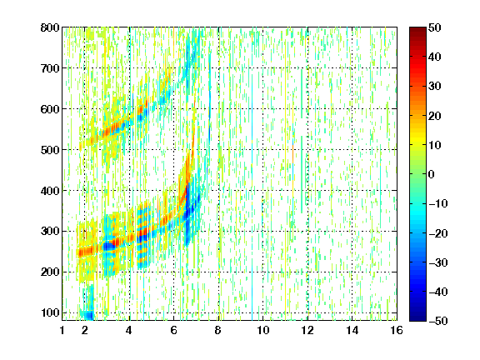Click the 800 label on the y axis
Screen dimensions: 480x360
pyautogui.click(x=50, y=27)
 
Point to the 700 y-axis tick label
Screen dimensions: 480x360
pyautogui.click(x=50, y=68)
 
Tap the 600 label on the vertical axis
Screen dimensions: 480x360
pyautogui.click(x=50, y=109)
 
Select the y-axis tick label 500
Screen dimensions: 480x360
pyautogui.click(x=50, y=150)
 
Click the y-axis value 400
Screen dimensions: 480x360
pyautogui.click(x=50, y=191)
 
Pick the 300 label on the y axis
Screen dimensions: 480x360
pyautogui.click(x=50, y=231)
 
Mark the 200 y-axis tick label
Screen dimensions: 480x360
pyautogui.click(x=50, y=272)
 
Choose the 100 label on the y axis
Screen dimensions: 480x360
pyautogui.click(x=50, y=312)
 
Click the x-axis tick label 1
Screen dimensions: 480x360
pyautogui.click(x=62, y=330)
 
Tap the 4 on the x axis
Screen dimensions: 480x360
pyautogui.click(x=129, y=330)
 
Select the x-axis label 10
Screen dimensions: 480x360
pyautogui.click(x=262, y=330)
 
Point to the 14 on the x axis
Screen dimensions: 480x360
pyautogui.click(x=352, y=330)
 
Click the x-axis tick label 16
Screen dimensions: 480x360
pyautogui.click(x=397, y=330)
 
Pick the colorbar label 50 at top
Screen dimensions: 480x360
pyautogui.click(x=434, y=27)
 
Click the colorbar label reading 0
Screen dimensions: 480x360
pyautogui.click(x=432, y=174)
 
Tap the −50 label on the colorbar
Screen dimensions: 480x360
pyautogui.click(x=437, y=321)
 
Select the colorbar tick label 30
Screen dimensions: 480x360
pyautogui.click(x=434, y=86)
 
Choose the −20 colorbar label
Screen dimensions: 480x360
pyautogui.click(x=437, y=232)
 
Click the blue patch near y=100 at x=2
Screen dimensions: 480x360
pyautogui.click(x=88, y=314)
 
